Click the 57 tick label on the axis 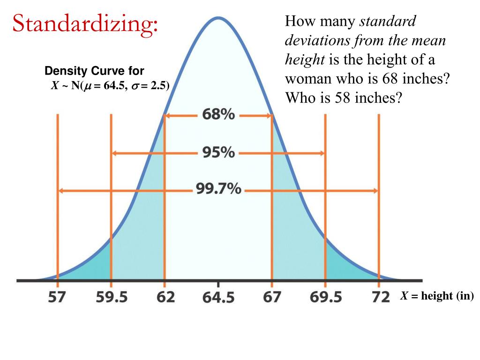click(x=58, y=297)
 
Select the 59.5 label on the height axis click(x=112, y=297)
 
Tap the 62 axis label click(x=165, y=297)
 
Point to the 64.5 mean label click(x=218, y=297)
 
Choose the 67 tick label click(x=272, y=297)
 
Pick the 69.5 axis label click(x=326, y=297)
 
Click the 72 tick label click(x=380, y=297)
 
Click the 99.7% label click(x=218, y=190)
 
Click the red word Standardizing click(x=85, y=24)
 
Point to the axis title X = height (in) click(x=436, y=296)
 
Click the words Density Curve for click(x=94, y=71)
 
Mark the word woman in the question click(x=307, y=78)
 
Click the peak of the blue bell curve click(x=218, y=18)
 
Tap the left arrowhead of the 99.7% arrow click(x=60, y=190)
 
